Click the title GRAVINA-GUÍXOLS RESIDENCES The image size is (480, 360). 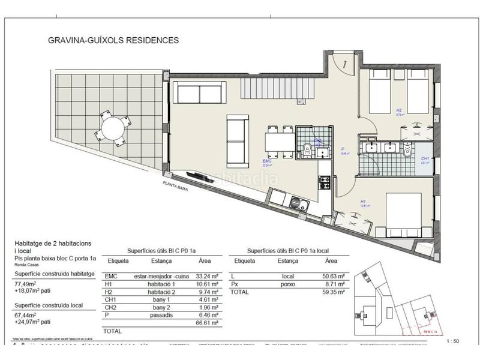(113, 41)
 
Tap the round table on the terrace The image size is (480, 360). (113, 127)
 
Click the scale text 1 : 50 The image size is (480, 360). (453, 341)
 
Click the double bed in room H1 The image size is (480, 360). (401, 212)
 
